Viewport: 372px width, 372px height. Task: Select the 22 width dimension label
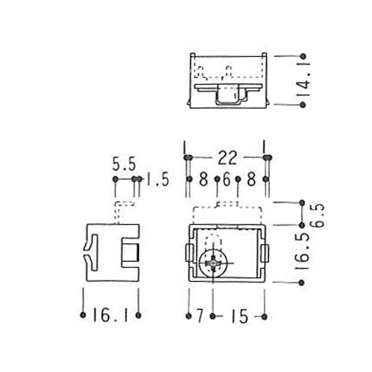(x=228, y=157)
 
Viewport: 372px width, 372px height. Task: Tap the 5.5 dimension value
(x=124, y=164)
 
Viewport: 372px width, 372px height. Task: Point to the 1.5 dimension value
(x=157, y=179)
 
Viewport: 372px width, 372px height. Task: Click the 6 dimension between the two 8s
(x=226, y=179)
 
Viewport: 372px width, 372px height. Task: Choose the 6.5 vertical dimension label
(x=317, y=215)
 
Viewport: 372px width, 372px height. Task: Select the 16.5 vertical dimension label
(x=304, y=251)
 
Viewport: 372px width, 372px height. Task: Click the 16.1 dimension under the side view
(x=110, y=316)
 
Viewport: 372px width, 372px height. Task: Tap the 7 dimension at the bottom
(x=200, y=316)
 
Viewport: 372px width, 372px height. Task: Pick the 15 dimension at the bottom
(x=240, y=316)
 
